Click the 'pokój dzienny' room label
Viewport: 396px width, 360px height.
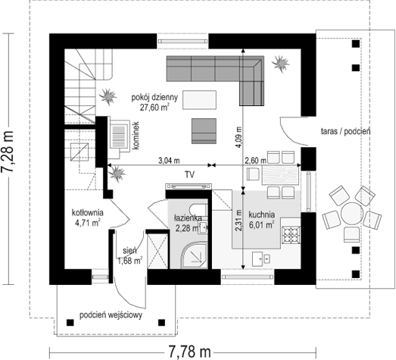(x=154, y=98)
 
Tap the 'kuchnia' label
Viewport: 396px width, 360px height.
(x=262, y=215)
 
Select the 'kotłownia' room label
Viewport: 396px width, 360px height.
(x=87, y=213)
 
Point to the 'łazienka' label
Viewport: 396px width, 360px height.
(x=188, y=218)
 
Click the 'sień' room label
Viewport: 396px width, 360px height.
(x=129, y=251)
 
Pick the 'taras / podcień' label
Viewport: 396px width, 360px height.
(x=346, y=131)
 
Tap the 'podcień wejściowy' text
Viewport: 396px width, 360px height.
(x=111, y=315)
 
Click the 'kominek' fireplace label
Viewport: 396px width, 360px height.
(x=136, y=136)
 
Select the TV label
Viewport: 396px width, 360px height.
(x=189, y=174)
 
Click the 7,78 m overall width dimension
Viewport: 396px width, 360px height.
(x=189, y=352)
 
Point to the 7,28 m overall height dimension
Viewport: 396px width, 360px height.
(x=7, y=152)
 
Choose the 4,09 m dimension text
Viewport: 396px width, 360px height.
(x=239, y=136)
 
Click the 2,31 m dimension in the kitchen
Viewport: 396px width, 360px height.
(x=239, y=221)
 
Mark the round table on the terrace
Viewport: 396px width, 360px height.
(x=352, y=214)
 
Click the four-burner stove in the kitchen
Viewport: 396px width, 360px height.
(x=292, y=235)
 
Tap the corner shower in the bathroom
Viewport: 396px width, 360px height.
(x=193, y=255)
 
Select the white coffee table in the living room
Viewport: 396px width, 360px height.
(x=200, y=100)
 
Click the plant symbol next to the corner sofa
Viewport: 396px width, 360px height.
(x=280, y=63)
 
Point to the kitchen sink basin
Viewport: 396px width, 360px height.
(x=261, y=258)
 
